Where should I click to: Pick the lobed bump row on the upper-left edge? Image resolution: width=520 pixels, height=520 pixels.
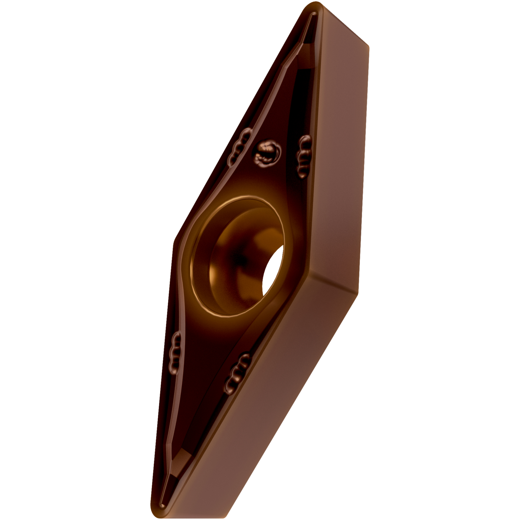point(239,146)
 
